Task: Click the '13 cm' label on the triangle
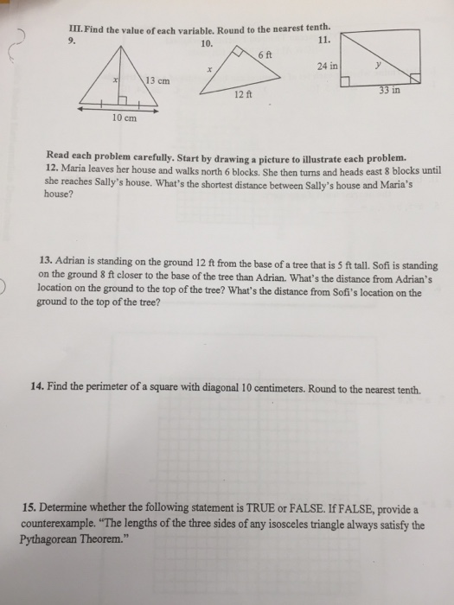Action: coord(157,81)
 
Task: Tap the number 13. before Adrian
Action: coord(48,258)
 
